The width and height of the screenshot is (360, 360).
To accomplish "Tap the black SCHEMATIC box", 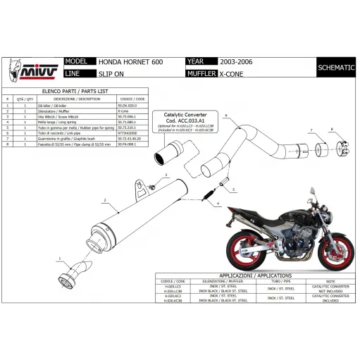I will pos(336,68).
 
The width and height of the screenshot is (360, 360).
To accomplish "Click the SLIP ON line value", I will pos(108,73).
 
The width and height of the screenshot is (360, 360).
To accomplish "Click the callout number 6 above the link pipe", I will pos(227,113).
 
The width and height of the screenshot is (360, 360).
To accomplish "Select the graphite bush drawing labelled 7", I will pos(321,149).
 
